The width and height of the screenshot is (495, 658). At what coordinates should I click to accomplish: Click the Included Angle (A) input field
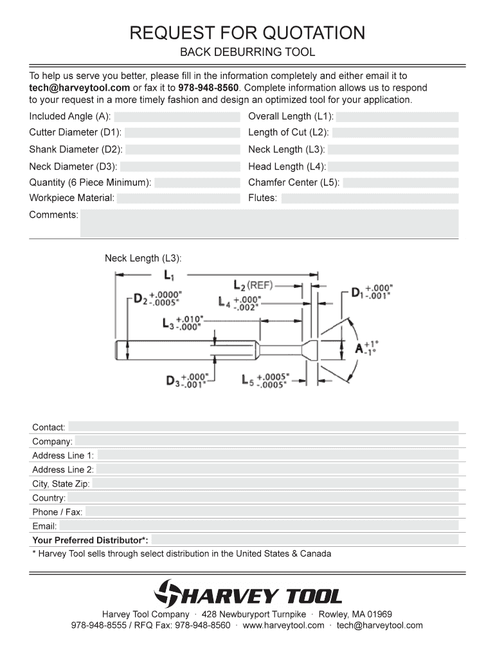pos(177,117)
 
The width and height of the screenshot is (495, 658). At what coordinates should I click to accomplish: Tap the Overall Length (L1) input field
pos(397,117)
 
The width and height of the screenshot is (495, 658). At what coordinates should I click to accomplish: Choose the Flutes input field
pos(370,199)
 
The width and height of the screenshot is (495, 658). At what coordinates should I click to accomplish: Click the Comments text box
pos(269,223)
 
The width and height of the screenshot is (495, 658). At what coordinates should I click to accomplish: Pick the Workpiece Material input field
pos(177,199)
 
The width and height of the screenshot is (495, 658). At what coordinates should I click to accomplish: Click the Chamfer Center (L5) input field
pos(401,182)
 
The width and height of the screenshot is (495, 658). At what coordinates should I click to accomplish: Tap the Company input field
pos(266,441)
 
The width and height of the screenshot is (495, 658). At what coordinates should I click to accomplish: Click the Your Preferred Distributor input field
pos(305,540)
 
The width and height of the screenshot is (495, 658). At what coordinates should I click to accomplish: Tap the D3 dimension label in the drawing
pos(173,380)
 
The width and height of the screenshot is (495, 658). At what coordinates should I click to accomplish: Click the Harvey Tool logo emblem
pos(168,594)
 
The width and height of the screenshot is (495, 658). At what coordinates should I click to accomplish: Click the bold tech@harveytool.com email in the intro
pos(80,88)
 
